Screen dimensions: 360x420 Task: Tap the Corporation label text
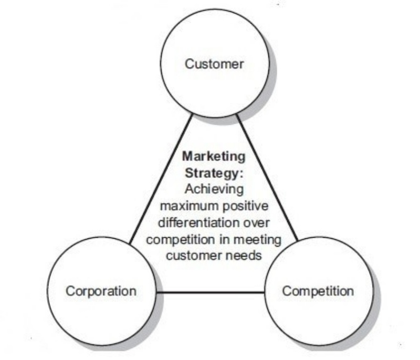tap(101, 291)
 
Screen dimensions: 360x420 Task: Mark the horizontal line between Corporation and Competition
tap(210, 292)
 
